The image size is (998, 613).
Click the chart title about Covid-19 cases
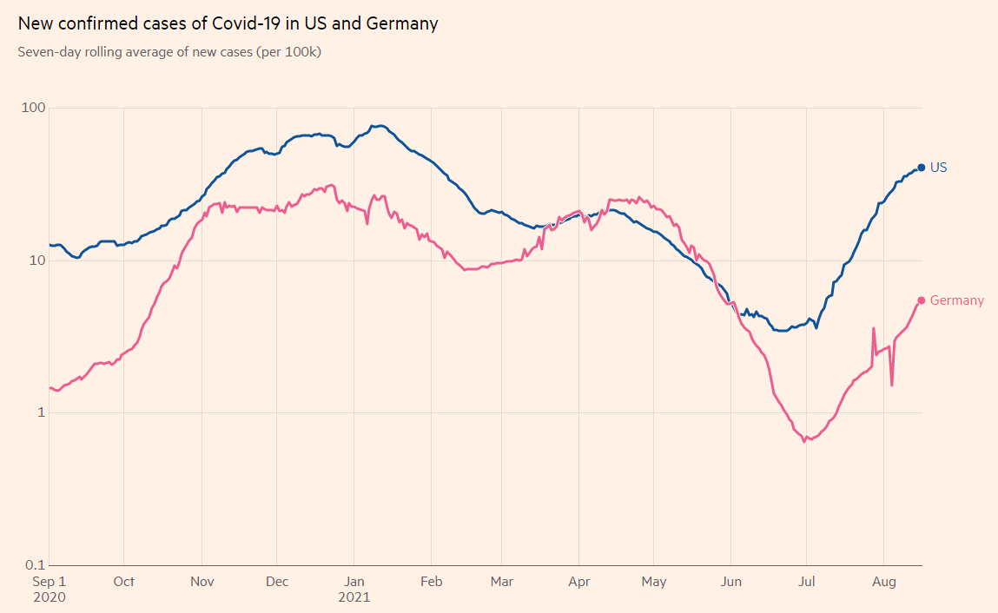[228, 24]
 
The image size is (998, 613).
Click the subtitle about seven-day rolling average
[170, 52]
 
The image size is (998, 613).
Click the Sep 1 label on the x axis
[49, 581]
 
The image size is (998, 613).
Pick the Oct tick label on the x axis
[124, 581]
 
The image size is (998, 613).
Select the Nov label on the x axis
[202, 581]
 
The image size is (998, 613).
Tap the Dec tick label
[277, 581]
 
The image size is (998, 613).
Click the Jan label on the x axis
[354, 581]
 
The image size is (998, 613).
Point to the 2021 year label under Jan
[354, 597]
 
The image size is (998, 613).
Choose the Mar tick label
[502, 581]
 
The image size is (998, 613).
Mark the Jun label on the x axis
[730, 581]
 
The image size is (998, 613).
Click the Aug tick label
[883, 581]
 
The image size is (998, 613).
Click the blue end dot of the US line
[922, 168]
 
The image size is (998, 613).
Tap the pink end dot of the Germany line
[922, 300]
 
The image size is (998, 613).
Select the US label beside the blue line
[938, 168]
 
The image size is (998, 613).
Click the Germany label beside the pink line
[957, 300]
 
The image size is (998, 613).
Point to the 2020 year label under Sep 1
[49, 597]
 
